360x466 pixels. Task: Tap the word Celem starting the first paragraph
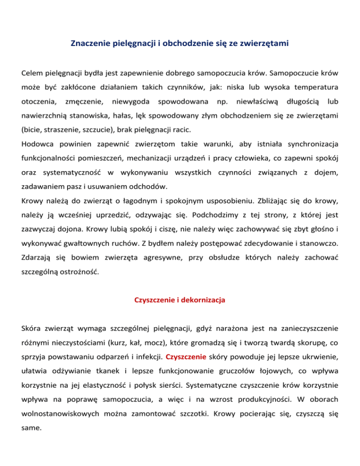click(32, 74)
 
